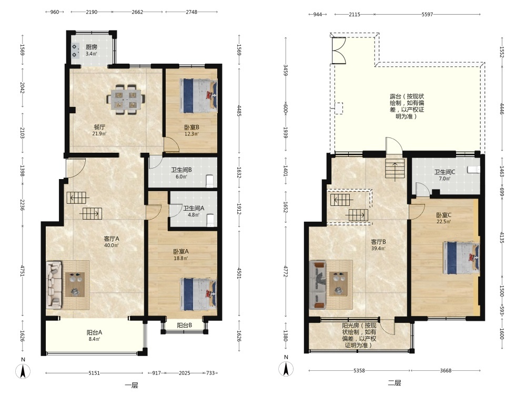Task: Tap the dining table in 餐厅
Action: (x=126, y=100)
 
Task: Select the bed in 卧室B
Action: (x=198, y=96)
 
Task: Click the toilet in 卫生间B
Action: (x=210, y=181)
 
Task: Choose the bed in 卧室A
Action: (x=198, y=294)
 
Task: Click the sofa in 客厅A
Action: (x=54, y=285)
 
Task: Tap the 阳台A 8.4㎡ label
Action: (x=94, y=335)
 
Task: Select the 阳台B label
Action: (x=185, y=325)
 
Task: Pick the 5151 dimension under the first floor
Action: (x=94, y=373)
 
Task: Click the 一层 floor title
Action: (x=131, y=386)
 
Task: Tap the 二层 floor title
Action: (x=394, y=383)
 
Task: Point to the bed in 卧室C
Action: (x=461, y=258)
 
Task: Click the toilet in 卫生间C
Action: (x=473, y=169)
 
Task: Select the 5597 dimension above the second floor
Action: (x=427, y=14)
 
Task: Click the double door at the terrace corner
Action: (x=338, y=50)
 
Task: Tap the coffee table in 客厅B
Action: (x=338, y=284)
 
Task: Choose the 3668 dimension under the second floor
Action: (x=446, y=370)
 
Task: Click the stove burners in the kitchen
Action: (x=75, y=51)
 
